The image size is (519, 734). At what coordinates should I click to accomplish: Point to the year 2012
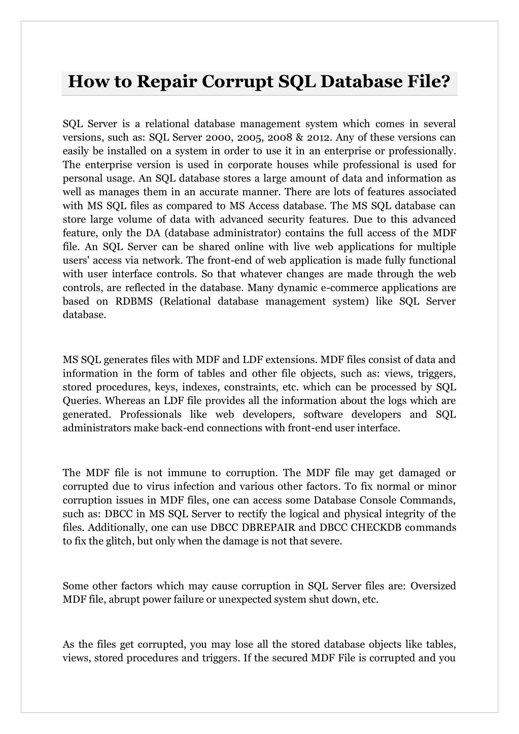[319, 137]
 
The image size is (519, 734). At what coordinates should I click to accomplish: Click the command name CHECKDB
[375, 528]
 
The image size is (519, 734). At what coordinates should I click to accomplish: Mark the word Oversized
[433, 586]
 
